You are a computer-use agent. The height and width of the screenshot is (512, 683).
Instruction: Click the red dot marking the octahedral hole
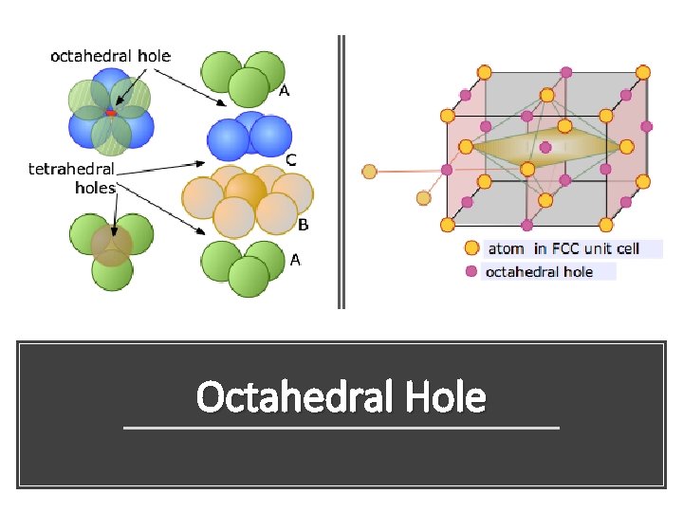pyautogui.click(x=111, y=113)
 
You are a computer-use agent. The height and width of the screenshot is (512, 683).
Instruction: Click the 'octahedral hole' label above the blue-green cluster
pyautogui.click(x=110, y=56)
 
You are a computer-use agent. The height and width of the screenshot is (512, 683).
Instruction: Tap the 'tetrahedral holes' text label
pyautogui.click(x=71, y=178)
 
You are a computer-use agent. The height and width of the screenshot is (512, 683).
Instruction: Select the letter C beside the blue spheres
pyautogui.click(x=290, y=160)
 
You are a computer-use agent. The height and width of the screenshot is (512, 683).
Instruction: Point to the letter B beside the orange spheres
pyautogui.click(x=303, y=225)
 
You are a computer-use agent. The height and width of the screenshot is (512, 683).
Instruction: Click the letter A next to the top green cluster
pyautogui.click(x=283, y=91)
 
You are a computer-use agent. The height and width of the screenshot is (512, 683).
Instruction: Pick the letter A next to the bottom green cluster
pyautogui.click(x=295, y=259)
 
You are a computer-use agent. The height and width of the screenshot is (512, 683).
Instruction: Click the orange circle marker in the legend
pyautogui.click(x=471, y=248)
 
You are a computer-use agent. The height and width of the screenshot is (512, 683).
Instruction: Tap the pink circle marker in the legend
pyautogui.click(x=471, y=272)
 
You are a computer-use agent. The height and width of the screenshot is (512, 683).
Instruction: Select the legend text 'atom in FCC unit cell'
pyautogui.click(x=563, y=248)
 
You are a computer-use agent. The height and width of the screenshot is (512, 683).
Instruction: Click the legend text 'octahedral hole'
pyautogui.click(x=538, y=272)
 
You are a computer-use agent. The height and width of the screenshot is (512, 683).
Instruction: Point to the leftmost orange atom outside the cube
pyautogui.click(x=370, y=172)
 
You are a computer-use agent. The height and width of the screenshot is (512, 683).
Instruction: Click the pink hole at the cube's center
pyautogui.click(x=545, y=147)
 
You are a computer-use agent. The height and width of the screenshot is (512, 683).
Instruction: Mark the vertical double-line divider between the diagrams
pyautogui.click(x=341, y=172)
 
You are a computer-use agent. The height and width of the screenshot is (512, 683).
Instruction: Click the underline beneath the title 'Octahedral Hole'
pyautogui.click(x=341, y=429)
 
